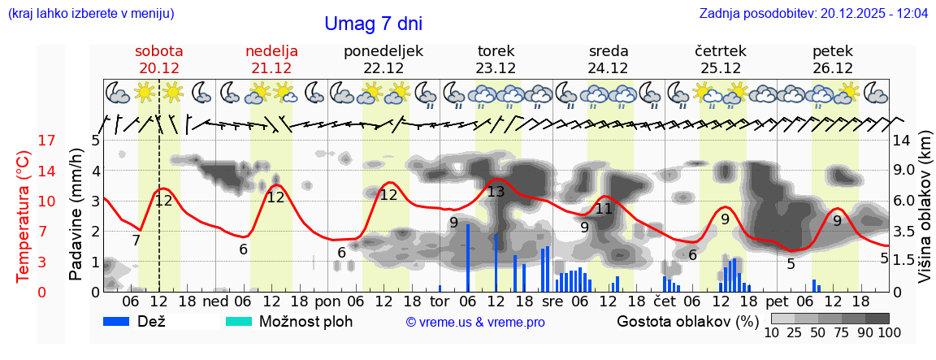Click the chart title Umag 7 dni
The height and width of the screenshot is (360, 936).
pyautogui.click(x=373, y=24)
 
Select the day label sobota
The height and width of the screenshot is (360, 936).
pyautogui.click(x=158, y=51)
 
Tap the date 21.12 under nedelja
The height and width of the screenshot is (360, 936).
pyautogui.click(x=271, y=68)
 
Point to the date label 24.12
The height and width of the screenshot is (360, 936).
pyautogui.click(x=609, y=68)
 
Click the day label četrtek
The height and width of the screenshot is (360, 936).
pyautogui.click(x=721, y=51)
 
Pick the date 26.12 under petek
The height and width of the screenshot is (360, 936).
pyautogui.click(x=833, y=68)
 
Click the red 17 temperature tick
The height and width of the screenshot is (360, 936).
pyautogui.click(x=24, y=141)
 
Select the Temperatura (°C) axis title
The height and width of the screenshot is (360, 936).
pyautogui.click(x=24, y=216)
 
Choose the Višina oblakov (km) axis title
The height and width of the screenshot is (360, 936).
pyautogui.click(x=925, y=216)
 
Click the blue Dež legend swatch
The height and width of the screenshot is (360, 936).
pyautogui.click(x=122, y=321)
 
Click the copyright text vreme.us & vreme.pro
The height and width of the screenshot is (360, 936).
pyautogui.click(x=475, y=322)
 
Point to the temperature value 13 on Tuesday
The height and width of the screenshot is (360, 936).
pyautogui.click(x=496, y=193)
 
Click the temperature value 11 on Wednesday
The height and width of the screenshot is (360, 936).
pyautogui.click(x=603, y=209)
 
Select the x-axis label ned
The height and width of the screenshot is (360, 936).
pyautogui.click(x=215, y=301)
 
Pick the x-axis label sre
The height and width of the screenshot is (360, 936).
pyautogui.click(x=552, y=301)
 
